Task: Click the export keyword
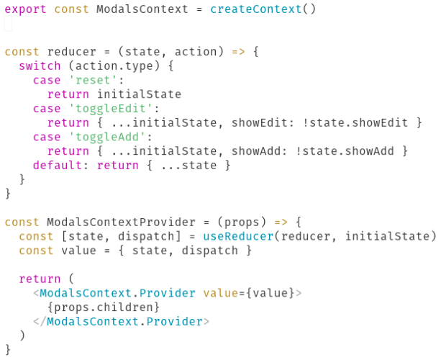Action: point(26,10)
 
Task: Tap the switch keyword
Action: point(40,66)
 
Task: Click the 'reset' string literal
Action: point(90,80)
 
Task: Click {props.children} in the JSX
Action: point(104,307)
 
